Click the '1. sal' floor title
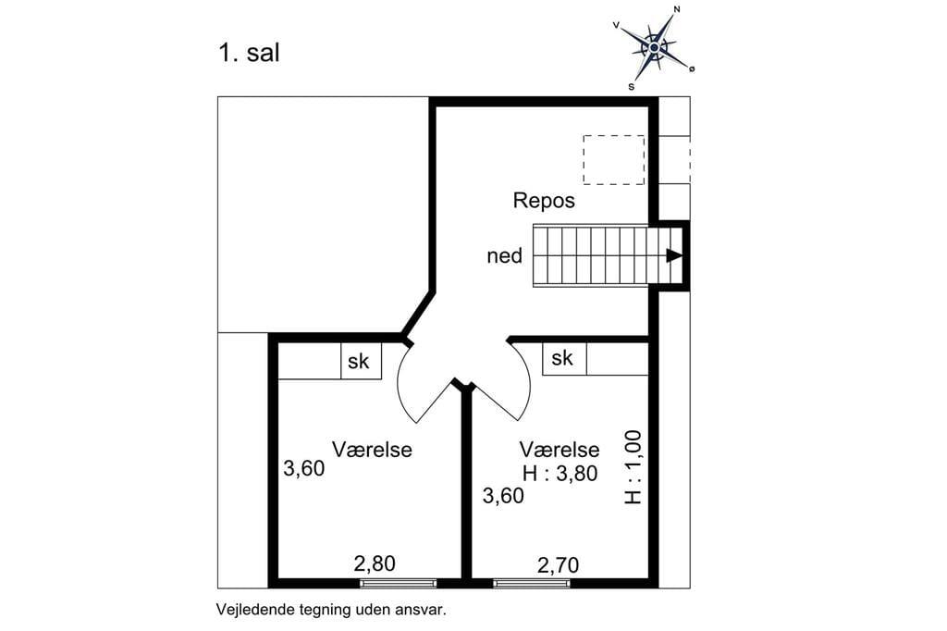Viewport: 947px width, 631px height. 249,53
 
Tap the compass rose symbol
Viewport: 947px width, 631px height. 654,47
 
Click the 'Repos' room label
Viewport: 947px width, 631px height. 544,201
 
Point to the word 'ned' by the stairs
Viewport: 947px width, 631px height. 504,256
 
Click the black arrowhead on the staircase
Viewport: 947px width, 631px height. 674,255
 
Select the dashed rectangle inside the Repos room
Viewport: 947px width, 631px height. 614,159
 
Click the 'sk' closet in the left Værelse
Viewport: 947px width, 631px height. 361,361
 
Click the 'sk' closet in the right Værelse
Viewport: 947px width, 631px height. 564,358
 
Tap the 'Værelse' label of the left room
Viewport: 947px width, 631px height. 372,450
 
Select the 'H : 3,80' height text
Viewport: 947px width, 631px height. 560,474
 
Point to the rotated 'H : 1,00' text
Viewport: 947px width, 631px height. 633,466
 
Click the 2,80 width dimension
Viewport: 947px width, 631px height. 375,563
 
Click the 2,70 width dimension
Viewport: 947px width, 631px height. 558,565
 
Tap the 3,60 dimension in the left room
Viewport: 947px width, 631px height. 303,468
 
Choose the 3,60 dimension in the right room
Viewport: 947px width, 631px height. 503,496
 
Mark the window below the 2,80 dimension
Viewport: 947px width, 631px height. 398,583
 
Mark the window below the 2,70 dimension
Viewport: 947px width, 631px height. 532,583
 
